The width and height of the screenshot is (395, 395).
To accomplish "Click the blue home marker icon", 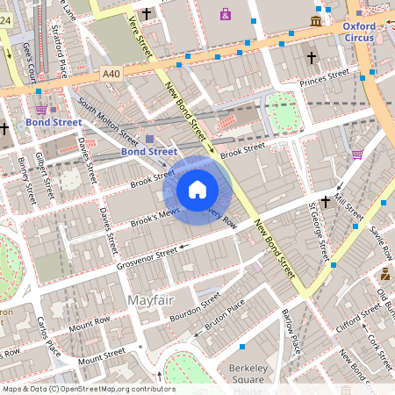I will (x=197, y=190).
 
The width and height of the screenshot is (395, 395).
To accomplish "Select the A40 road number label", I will (x=111, y=75).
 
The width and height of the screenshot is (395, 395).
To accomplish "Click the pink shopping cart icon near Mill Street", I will (x=357, y=154).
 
